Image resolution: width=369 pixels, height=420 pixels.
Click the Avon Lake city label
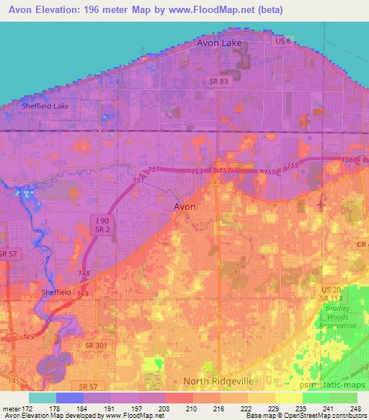219,43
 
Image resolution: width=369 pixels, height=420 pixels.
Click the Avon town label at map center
185,206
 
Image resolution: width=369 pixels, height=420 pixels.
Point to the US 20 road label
330,289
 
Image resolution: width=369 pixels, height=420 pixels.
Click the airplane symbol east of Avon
320,206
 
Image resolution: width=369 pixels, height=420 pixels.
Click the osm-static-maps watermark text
339,385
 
